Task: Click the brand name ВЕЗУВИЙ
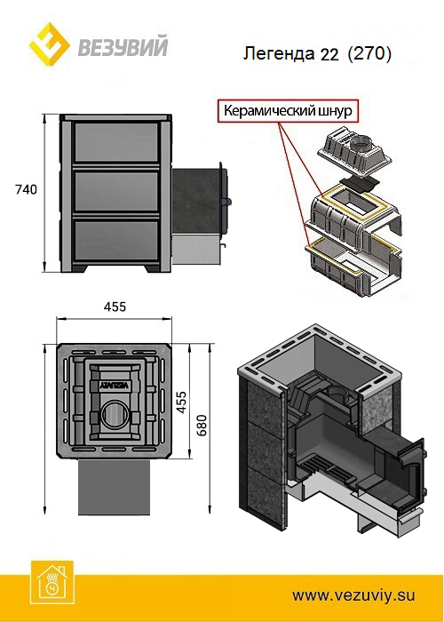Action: pyautogui.click(x=123, y=47)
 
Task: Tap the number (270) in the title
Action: pyautogui.click(x=369, y=53)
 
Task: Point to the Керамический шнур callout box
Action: pyautogui.click(x=288, y=111)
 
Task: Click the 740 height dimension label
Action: pyautogui.click(x=26, y=189)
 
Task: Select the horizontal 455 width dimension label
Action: pyautogui.click(x=115, y=307)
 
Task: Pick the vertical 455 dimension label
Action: pyautogui.click(x=181, y=402)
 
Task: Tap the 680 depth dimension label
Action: pyautogui.click(x=202, y=426)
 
